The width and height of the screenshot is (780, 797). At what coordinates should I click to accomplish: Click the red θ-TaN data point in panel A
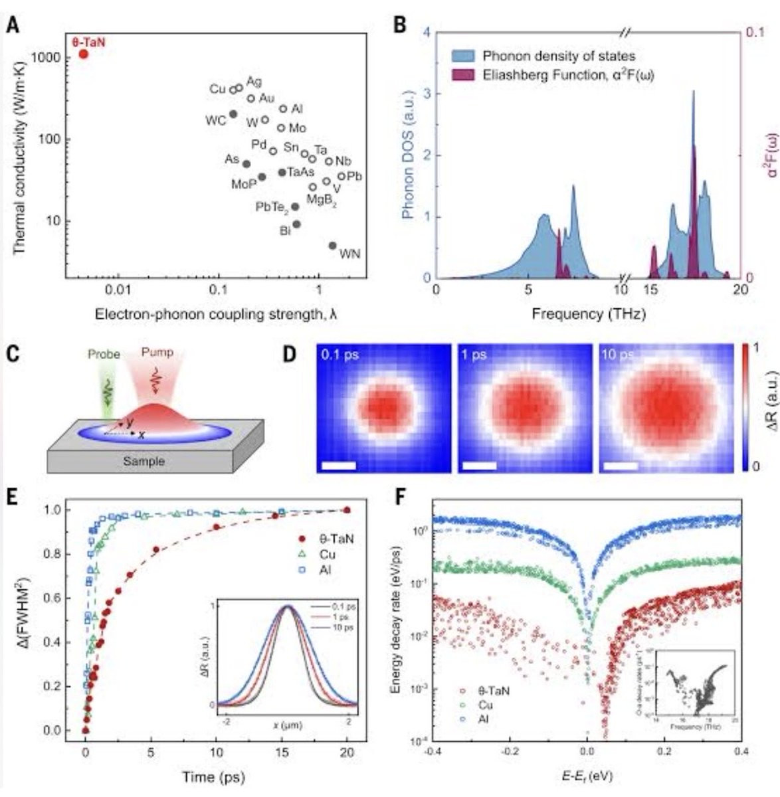tap(84, 54)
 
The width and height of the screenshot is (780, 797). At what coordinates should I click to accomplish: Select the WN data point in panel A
tap(333, 246)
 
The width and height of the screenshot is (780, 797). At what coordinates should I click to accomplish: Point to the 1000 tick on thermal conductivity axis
tap(50, 58)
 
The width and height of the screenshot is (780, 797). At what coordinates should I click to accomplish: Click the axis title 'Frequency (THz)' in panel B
tap(589, 313)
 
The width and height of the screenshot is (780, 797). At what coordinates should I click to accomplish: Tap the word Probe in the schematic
tap(104, 354)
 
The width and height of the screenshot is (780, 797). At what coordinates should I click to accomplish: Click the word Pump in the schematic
tap(157, 352)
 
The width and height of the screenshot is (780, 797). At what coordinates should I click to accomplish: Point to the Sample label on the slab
tap(144, 460)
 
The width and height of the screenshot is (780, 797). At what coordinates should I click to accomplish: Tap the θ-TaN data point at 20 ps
tap(346, 510)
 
